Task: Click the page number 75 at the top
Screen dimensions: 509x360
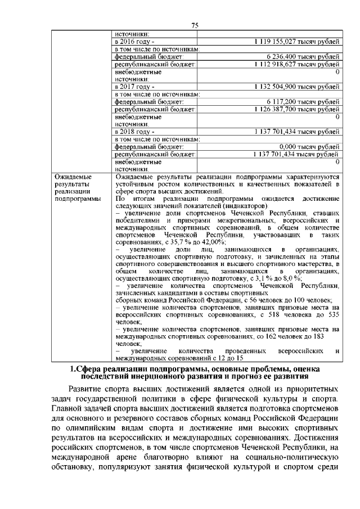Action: [x=195, y=25]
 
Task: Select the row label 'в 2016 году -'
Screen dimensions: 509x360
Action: [x=134, y=42]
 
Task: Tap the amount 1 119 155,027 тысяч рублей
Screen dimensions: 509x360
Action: [x=296, y=42]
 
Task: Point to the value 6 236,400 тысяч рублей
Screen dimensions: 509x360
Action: [x=303, y=57]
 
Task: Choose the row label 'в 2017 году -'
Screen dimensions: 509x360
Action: [x=134, y=87]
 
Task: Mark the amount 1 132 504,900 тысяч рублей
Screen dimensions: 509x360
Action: [x=296, y=87]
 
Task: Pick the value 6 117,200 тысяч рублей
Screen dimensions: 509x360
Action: [x=303, y=102]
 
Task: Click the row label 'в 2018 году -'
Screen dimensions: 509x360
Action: [x=134, y=132]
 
